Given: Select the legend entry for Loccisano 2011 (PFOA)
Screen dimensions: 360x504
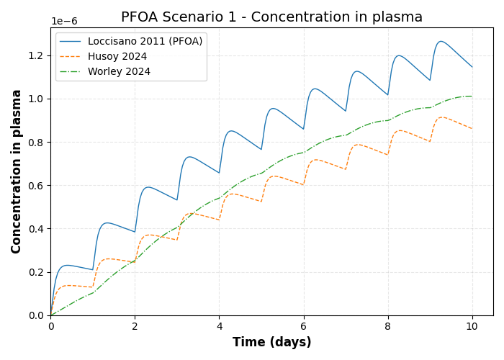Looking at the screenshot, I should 145,42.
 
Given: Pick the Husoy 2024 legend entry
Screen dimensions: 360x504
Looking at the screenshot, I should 117,57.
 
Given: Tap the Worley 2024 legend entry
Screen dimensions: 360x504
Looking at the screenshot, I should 119,72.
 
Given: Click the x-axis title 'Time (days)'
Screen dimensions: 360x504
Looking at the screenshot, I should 271,343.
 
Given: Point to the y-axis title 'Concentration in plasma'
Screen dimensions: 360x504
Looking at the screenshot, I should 17,171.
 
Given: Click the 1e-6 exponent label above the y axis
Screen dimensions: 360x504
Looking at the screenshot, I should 64,22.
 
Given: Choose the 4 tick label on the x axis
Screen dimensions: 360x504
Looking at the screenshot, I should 220,326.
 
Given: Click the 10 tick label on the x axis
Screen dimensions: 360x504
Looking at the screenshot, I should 472,326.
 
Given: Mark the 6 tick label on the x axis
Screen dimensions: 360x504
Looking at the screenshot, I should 304,326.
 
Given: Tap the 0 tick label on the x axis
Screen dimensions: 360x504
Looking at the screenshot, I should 50,326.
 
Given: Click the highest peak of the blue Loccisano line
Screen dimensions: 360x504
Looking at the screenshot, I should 441,41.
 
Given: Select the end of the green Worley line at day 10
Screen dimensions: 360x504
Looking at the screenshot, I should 472,96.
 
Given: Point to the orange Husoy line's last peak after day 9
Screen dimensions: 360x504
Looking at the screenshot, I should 442,117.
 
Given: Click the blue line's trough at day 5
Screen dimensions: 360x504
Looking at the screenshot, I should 261,150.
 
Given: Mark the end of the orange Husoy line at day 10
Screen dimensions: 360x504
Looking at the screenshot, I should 472,129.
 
